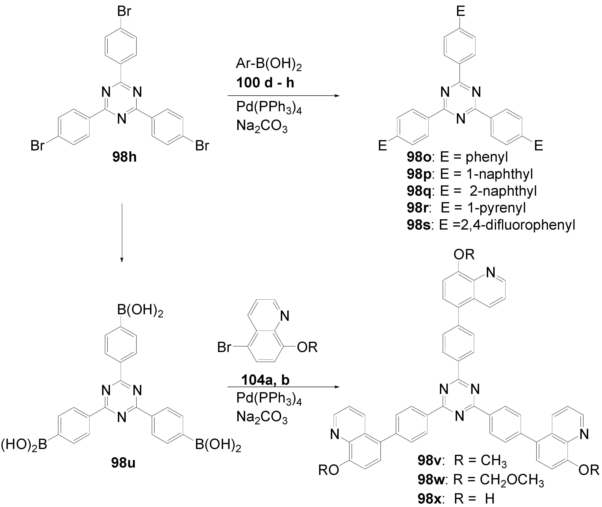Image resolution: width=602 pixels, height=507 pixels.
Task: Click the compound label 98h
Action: (124, 158)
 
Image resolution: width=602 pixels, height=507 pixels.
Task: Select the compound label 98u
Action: (123, 463)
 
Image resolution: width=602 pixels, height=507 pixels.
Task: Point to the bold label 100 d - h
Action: (265, 83)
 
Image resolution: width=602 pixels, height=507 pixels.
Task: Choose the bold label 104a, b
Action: (265, 380)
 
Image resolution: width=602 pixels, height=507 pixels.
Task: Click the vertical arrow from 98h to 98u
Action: (122, 233)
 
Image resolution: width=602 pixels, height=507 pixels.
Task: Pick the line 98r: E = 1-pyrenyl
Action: (466, 208)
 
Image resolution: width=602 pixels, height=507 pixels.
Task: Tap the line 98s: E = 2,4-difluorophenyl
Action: (491, 225)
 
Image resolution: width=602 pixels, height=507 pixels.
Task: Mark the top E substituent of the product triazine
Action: (461, 12)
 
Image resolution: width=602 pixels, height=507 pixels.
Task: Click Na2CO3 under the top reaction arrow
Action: (262, 126)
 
